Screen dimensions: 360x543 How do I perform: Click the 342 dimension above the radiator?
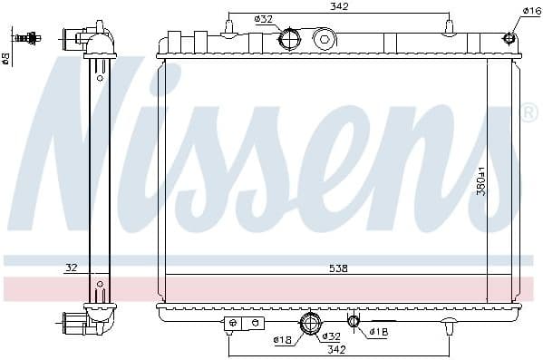click(x=339, y=7)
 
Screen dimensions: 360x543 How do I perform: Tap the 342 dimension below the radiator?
click(x=336, y=349)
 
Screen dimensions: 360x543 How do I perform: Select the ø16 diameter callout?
click(x=532, y=10)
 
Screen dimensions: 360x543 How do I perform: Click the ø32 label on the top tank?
click(x=264, y=19)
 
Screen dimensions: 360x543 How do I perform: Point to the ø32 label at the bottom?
click(x=331, y=337)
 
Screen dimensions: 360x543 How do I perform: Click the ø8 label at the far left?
click(x=6, y=59)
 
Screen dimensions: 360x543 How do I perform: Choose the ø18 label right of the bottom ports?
click(x=379, y=332)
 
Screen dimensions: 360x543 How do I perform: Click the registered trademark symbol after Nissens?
click(x=528, y=112)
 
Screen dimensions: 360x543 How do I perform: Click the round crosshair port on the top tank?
click(x=289, y=39)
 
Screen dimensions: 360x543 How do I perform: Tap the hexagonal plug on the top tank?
click(x=324, y=39)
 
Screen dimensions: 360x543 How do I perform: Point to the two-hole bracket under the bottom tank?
click(x=244, y=323)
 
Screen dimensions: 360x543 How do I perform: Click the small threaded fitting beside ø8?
click(x=29, y=38)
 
